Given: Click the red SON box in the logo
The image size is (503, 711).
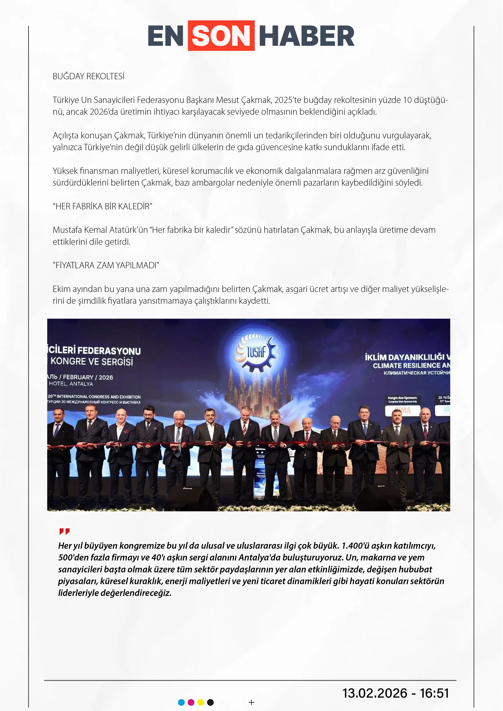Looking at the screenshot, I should [x=221, y=36].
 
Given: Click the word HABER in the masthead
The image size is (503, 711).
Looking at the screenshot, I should [x=307, y=36].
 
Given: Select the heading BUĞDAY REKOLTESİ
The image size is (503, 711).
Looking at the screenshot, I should [x=89, y=76].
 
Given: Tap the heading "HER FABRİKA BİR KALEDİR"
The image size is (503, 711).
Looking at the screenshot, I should [x=103, y=206].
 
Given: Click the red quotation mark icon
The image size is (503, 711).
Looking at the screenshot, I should [x=64, y=531].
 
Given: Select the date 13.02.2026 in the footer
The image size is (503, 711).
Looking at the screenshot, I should [x=375, y=693].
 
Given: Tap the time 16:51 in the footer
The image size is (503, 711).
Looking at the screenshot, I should [x=434, y=693].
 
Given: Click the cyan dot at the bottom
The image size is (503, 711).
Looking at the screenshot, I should [x=182, y=702].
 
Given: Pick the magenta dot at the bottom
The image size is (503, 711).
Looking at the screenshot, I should [x=191, y=702].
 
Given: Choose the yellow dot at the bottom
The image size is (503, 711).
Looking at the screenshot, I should [x=201, y=702].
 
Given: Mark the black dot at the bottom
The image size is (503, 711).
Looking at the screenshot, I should [x=210, y=702].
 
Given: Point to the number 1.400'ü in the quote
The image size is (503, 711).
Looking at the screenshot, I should [x=356, y=546].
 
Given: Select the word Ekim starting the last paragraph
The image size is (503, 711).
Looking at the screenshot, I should [x=62, y=289].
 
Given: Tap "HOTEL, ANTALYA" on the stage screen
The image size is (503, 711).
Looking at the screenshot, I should [x=71, y=384].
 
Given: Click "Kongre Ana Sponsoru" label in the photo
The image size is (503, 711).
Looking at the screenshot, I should [x=402, y=398].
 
